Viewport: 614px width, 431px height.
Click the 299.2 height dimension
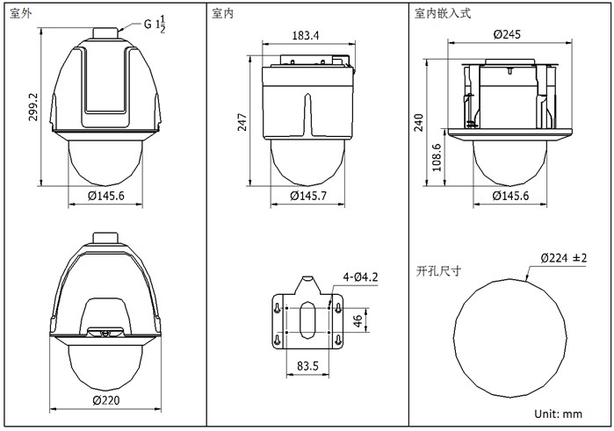point(33,107)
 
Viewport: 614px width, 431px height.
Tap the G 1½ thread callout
point(155,25)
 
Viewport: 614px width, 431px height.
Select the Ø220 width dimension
point(106,400)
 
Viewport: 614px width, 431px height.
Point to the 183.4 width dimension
point(306,36)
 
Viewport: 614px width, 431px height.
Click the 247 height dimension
point(242,122)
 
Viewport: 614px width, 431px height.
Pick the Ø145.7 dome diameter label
point(308,196)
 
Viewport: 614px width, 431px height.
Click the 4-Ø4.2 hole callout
point(360,277)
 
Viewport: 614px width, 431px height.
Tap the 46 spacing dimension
point(358,321)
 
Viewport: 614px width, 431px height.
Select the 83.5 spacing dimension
point(307,366)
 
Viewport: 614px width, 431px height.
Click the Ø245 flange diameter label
point(507,34)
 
